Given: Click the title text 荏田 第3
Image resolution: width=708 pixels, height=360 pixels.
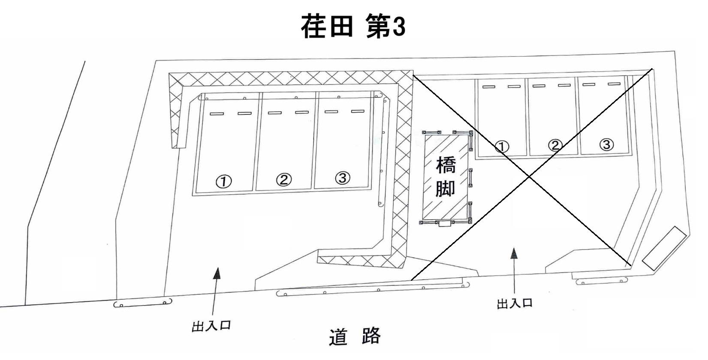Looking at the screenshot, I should [352, 27].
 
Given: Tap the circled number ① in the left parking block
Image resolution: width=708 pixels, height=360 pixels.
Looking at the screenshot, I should [223, 182].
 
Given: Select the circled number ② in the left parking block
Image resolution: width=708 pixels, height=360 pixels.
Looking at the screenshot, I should [283, 180].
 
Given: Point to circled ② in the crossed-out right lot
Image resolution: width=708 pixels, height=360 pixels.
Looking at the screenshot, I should [554, 146].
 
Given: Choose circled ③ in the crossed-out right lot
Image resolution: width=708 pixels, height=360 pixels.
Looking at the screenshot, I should [606, 144].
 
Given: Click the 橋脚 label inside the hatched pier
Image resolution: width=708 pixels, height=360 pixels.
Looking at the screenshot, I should [446, 177].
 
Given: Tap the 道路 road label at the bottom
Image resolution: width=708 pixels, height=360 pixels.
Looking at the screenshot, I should [355, 336].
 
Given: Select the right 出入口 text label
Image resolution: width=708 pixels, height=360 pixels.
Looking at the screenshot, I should [515, 303].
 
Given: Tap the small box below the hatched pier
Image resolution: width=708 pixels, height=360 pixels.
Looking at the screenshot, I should [445, 223].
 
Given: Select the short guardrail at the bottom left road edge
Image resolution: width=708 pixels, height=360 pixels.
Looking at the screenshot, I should [143, 303].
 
